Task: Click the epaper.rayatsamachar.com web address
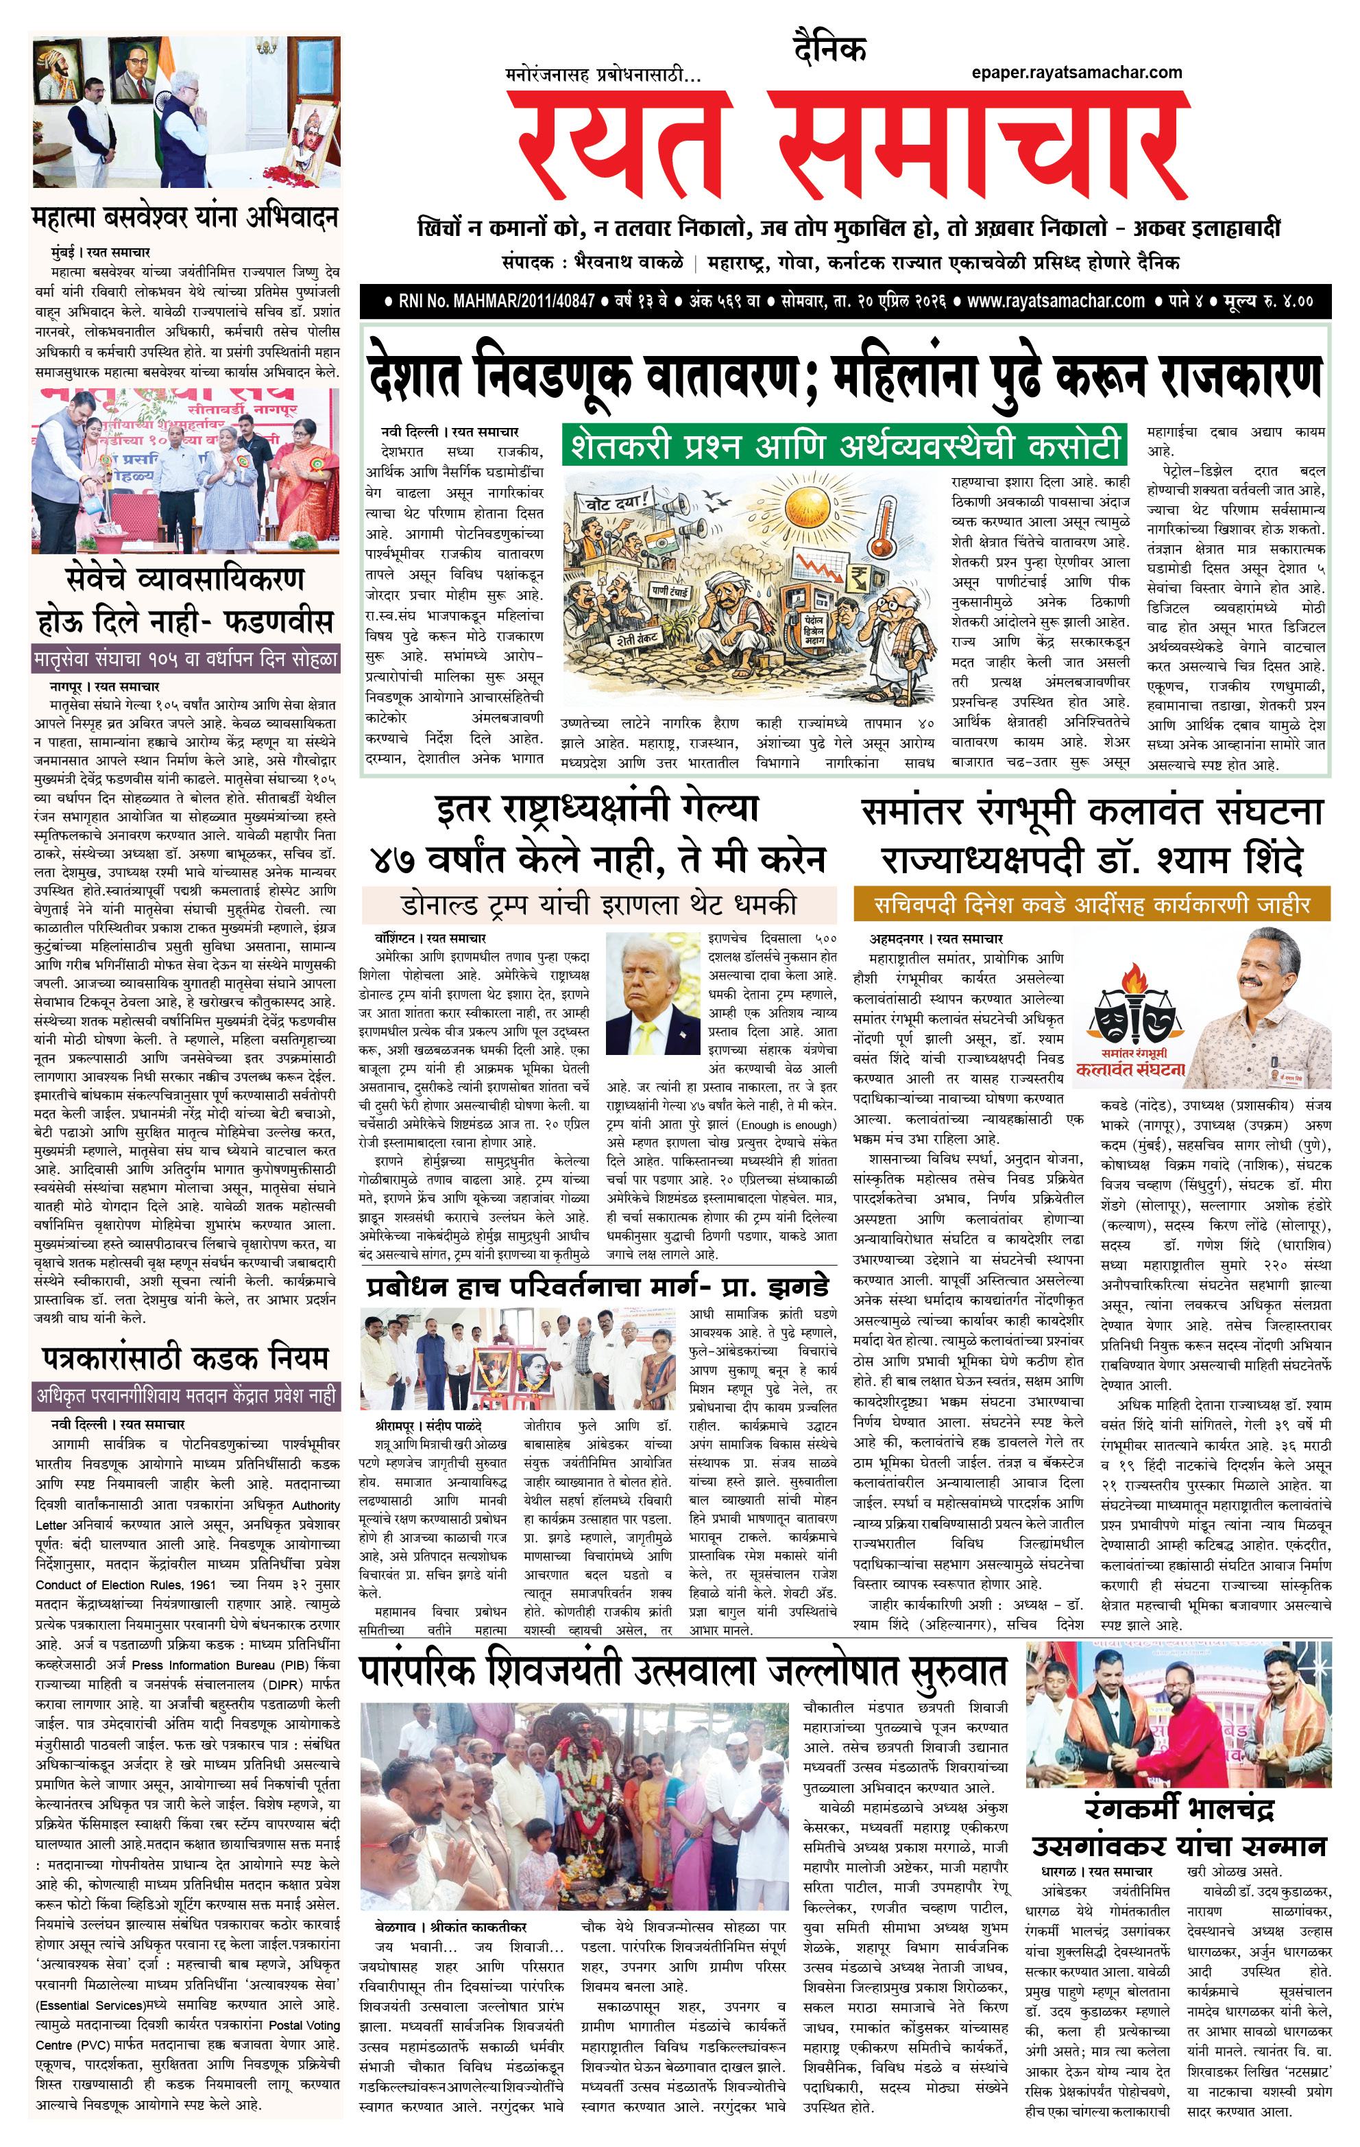click(1077, 73)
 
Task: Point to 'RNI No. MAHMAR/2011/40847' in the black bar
click(496, 301)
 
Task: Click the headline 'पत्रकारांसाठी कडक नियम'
click(185, 1358)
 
